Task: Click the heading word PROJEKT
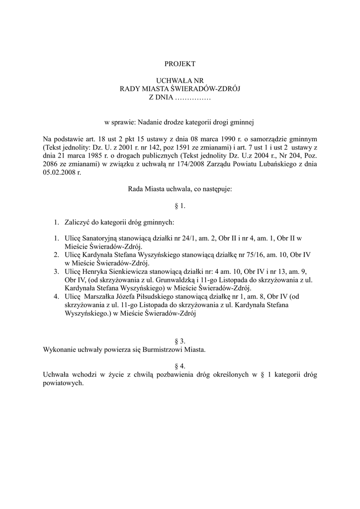(180, 64)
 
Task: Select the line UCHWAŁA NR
(180, 80)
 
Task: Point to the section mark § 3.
(180, 341)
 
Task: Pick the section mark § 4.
(180, 366)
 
